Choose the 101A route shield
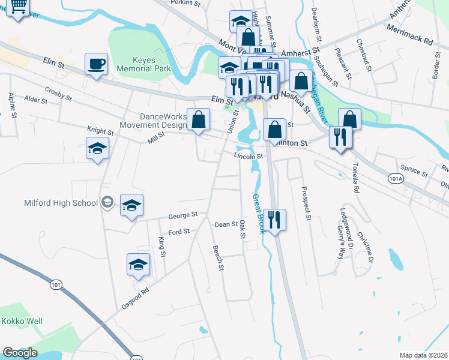pos(394,179)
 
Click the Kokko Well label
pos(22,321)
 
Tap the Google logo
pos(20,353)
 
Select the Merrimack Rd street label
pos(410,35)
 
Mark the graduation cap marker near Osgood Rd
pos(138,265)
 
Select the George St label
pos(182,215)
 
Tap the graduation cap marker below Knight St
pos(97,149)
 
